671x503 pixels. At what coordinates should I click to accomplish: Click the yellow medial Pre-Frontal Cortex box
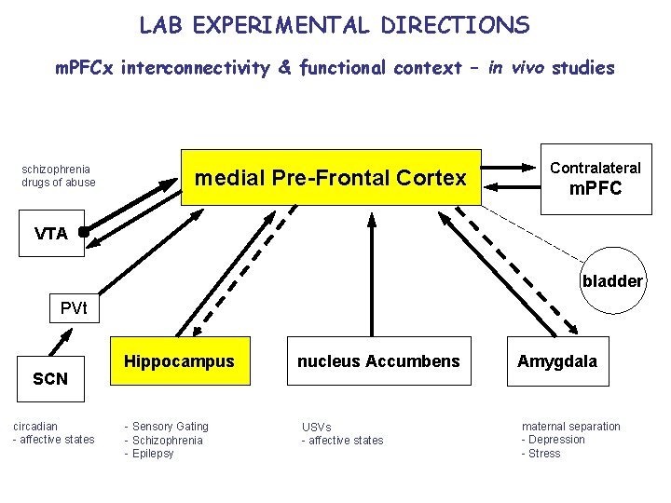[x=331, y=177]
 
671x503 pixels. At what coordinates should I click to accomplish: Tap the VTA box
[x=51, y=233]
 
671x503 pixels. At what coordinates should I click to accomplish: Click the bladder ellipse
[x=612, y=280]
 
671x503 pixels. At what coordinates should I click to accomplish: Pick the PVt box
[x=74, y=308]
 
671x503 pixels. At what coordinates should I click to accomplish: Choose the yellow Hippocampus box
[x=180, y=360]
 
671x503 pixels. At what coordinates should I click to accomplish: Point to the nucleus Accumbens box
[x=378, y=360]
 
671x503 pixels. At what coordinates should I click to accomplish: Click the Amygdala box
[x=557, y=360]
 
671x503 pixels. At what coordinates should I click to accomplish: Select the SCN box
[x=50, y=378]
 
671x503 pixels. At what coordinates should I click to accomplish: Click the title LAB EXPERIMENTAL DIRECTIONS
[x=335, y=25]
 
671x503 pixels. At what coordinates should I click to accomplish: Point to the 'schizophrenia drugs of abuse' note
[x=58, y=176]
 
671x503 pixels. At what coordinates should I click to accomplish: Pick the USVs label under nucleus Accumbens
[x=316, y=428]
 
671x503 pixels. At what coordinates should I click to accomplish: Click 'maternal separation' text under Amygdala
[x=570, y=427]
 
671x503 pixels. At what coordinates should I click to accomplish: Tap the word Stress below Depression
[x=544, y=454]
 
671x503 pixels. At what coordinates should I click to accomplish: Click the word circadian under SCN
[x=35, y=427]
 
